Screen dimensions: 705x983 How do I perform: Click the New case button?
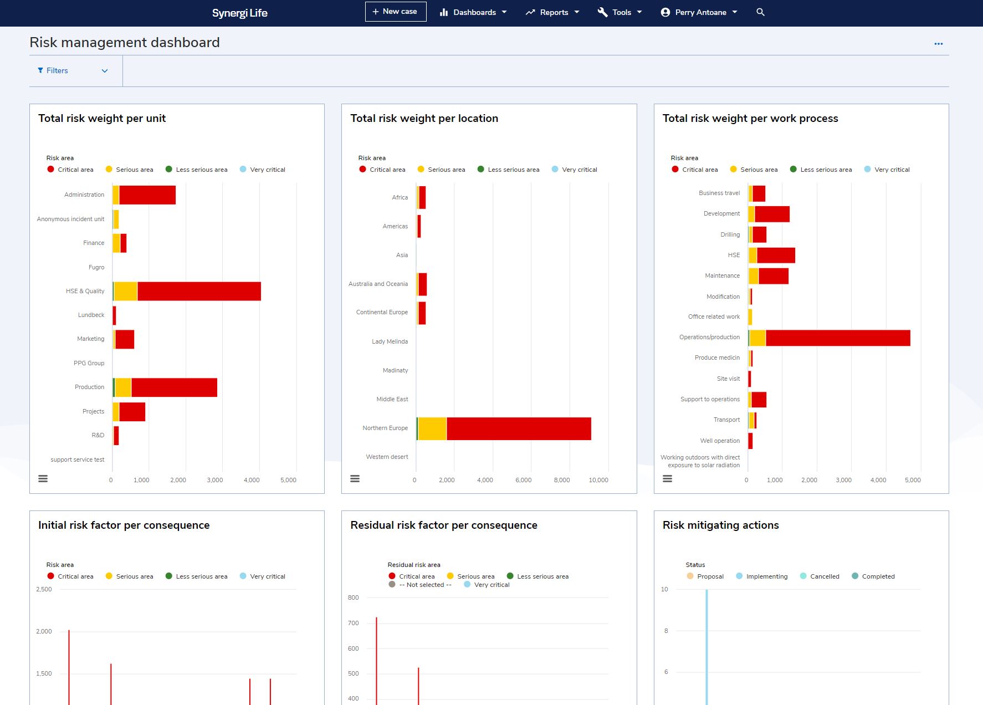pyautogui.click(x=395, y=12)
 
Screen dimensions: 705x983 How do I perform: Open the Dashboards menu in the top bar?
pyautogui.click(x=473, y=12)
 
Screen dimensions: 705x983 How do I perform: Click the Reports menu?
pyautogui.click(x=552, y=12)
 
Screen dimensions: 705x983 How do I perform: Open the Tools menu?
pyautogui.click(x=620, y=12)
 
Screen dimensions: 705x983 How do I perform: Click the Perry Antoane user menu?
pyautogui.click(x=699, y=12)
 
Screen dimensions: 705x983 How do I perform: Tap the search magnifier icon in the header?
pyautogui.click(x=760, y=12)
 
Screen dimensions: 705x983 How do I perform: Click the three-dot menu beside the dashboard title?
pyautogui.click(x=938, y=44)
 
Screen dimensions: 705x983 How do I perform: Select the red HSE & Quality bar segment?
pyautogui.click(x=199, y=292)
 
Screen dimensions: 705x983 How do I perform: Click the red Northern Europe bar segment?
pyautogui.click(x=519, y=429)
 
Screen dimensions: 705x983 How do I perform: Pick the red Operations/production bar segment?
pyautogui.click(x=838, y=338)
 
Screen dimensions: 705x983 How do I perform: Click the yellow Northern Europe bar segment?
pyautogui.click(x=432, y=429)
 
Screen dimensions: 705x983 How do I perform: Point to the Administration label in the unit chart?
pyautogui.click(x=84, y=195)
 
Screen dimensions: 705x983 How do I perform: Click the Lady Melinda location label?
pyautogui.click(x=390, y=341)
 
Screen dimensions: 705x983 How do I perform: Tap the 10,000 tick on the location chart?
pyautogui.click(x=598, y=480)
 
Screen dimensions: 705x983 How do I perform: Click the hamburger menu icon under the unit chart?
pyautogui.click(x=43, y=478)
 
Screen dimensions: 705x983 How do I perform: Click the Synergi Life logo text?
pyautogui.click(x=239, y=13)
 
